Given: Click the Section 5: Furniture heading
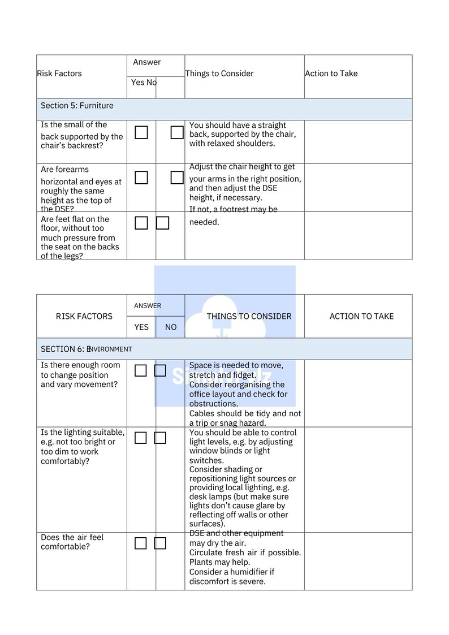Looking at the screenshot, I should [77, 106].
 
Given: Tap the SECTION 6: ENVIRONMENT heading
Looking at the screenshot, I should [86, 349].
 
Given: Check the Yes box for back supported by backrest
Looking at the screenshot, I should [141, 133].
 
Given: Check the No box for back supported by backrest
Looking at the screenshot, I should [177, 133].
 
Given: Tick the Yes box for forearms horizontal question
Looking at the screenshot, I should [141, 178].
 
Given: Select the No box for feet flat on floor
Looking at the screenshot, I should [163, 223].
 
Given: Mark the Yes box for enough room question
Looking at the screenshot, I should [141, 371].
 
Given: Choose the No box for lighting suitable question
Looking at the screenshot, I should [160, 438].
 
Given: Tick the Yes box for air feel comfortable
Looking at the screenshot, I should [141, 543].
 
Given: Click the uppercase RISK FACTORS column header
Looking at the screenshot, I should [84, 317].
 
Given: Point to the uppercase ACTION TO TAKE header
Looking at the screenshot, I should [361, 317].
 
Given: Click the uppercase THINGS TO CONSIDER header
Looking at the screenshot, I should [249, 317].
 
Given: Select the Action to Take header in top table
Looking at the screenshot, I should [331, 74].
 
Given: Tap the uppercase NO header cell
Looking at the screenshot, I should [171, 327].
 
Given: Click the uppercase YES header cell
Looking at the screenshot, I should [141, 327].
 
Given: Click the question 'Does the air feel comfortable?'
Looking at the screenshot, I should [72, 542].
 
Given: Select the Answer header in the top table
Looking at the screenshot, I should [147, 62].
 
